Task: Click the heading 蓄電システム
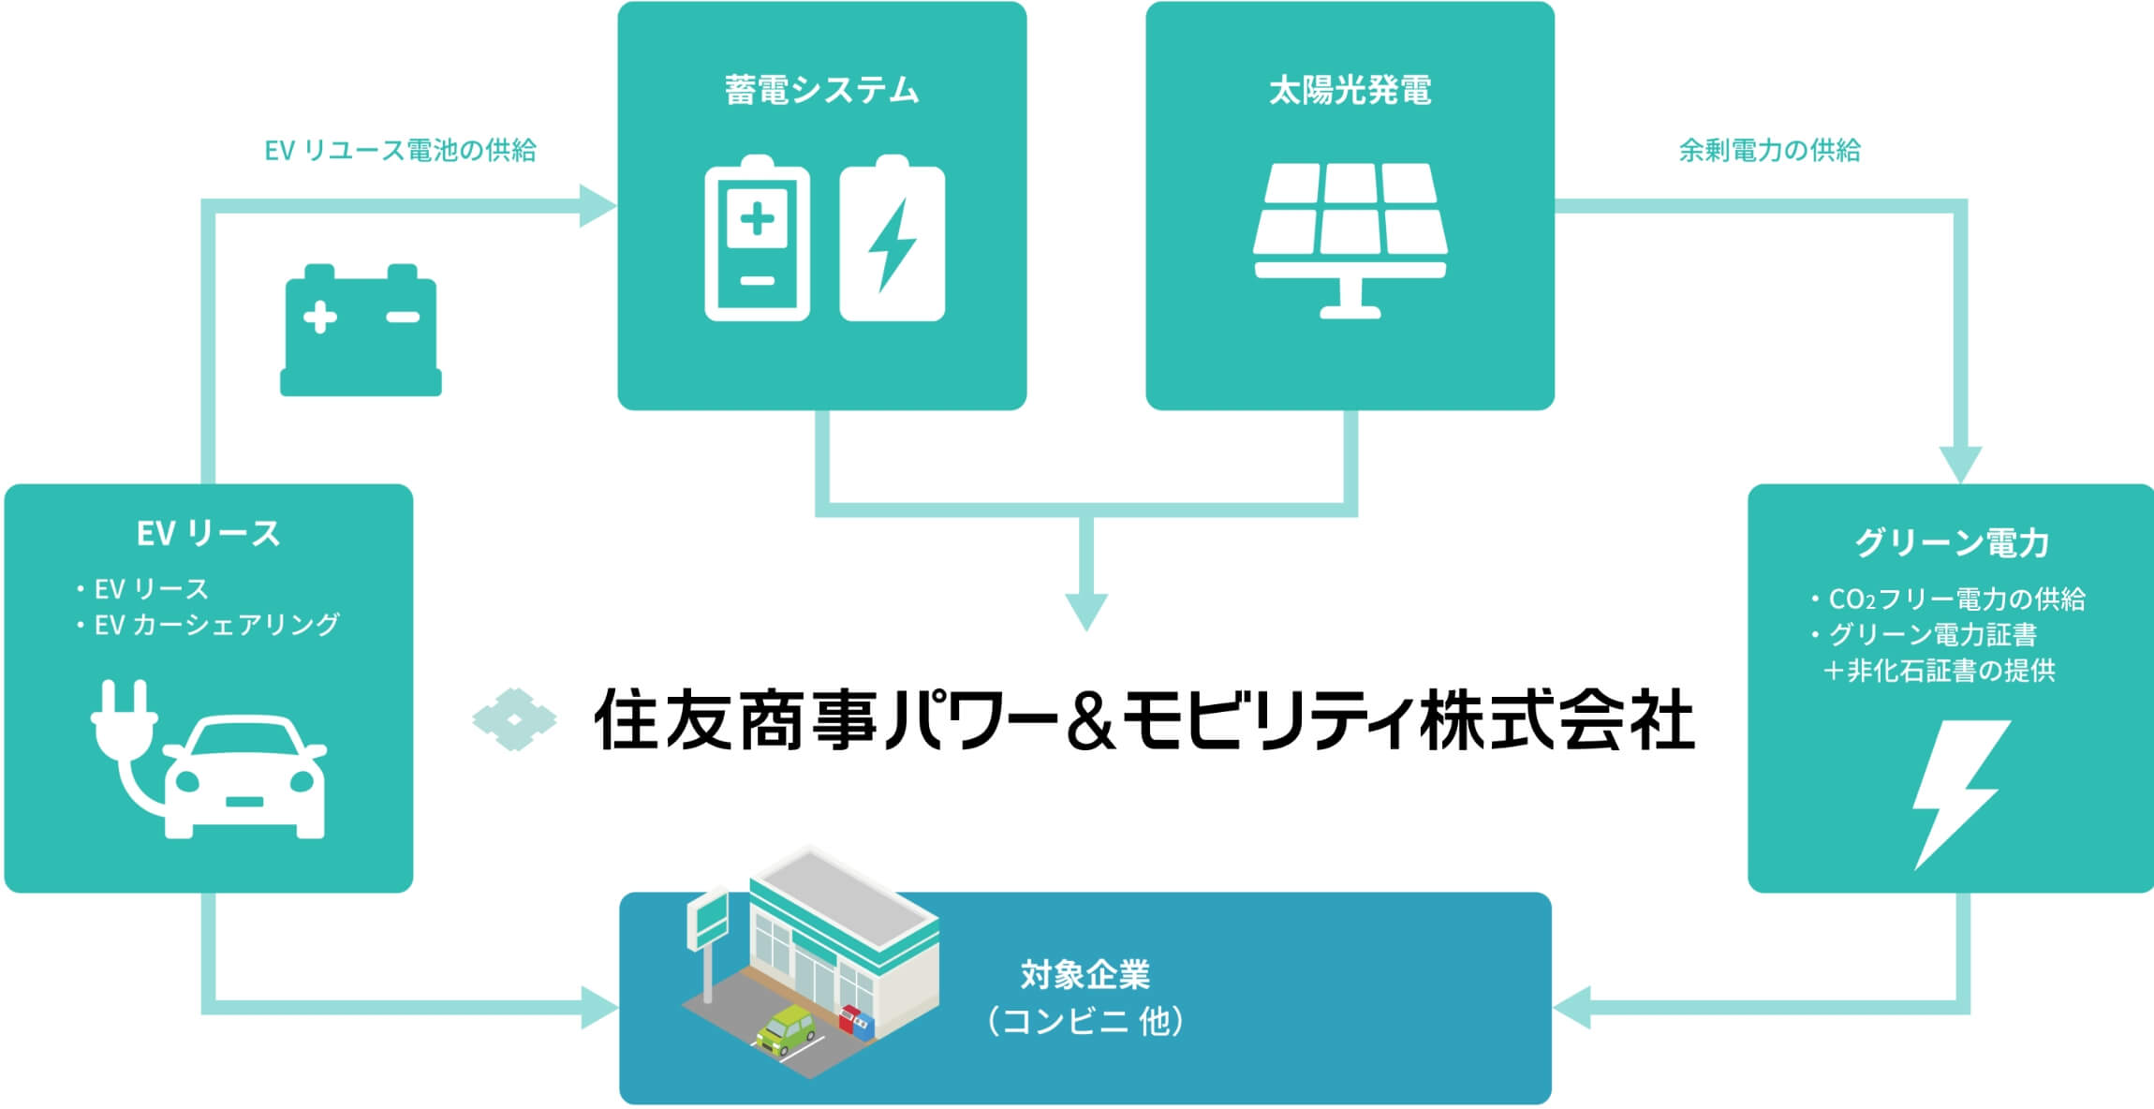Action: click(x=821, y=90)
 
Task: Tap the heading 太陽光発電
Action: click(x=1350, y=90)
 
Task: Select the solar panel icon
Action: click(x=1350, y=240)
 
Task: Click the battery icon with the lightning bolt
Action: click(x=892, y=240)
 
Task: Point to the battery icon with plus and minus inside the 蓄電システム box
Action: click(x=757, y=240)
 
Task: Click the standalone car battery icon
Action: click(x=361, y=330)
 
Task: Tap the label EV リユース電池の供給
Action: click(x=400, y=150)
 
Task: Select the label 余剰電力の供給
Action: click(x=1769, y=150)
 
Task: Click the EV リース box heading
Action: click(x=208, y=534)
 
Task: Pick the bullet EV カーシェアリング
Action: click(x=216, y=625)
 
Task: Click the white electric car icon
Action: click(x=245, y=777)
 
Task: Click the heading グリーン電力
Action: click(x=1952, y=542)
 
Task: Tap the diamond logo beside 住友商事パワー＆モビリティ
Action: click(x=514, y=719)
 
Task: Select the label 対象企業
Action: click(x=1084, y=975)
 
